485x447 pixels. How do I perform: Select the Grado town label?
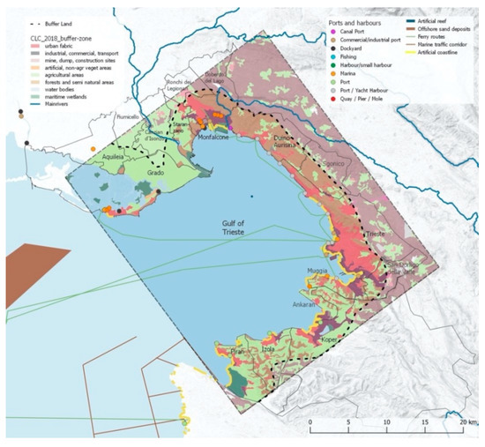[156, 173]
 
